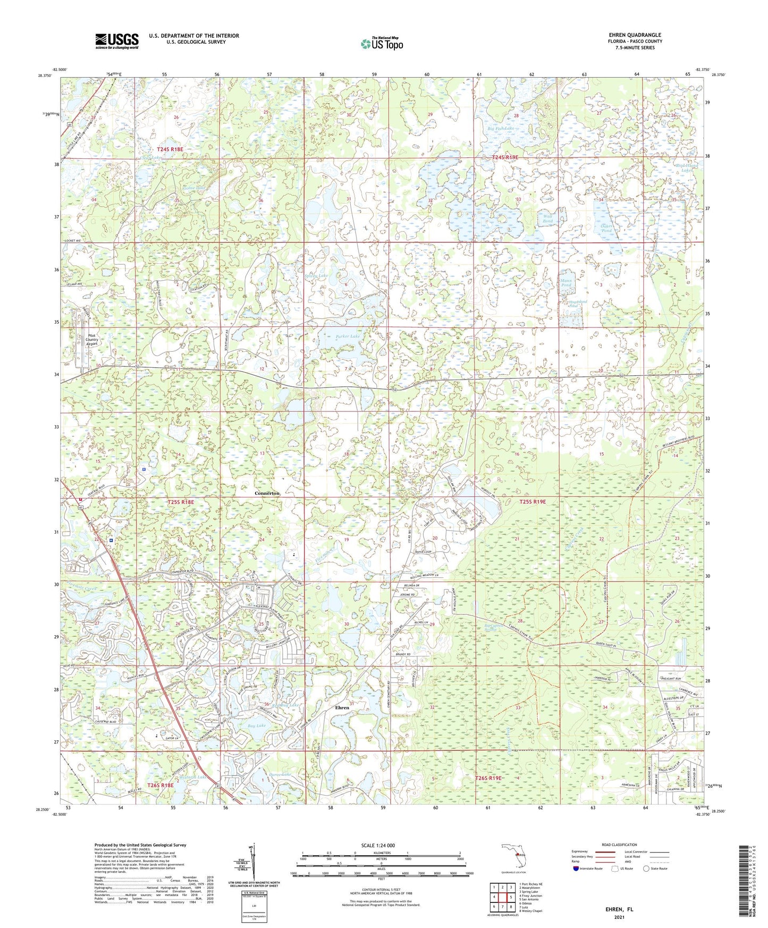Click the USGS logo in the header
pyautogui.click(x=117, y=41)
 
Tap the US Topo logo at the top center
pyautogui.click(x=382, y=44)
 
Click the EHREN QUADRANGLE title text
pyautogui.click(x=635, y=35)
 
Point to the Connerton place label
pyautogui.click(x=267, y=493)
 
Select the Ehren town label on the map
pyautogui.click(x=342, y=707)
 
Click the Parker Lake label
pyautogui.click(x=348, y=336)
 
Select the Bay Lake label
pyautogui.click(x=257, y=725)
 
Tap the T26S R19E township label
pyautogui.click(x=488, y=778)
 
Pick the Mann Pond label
pyautogui.click(x=566, y=282)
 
